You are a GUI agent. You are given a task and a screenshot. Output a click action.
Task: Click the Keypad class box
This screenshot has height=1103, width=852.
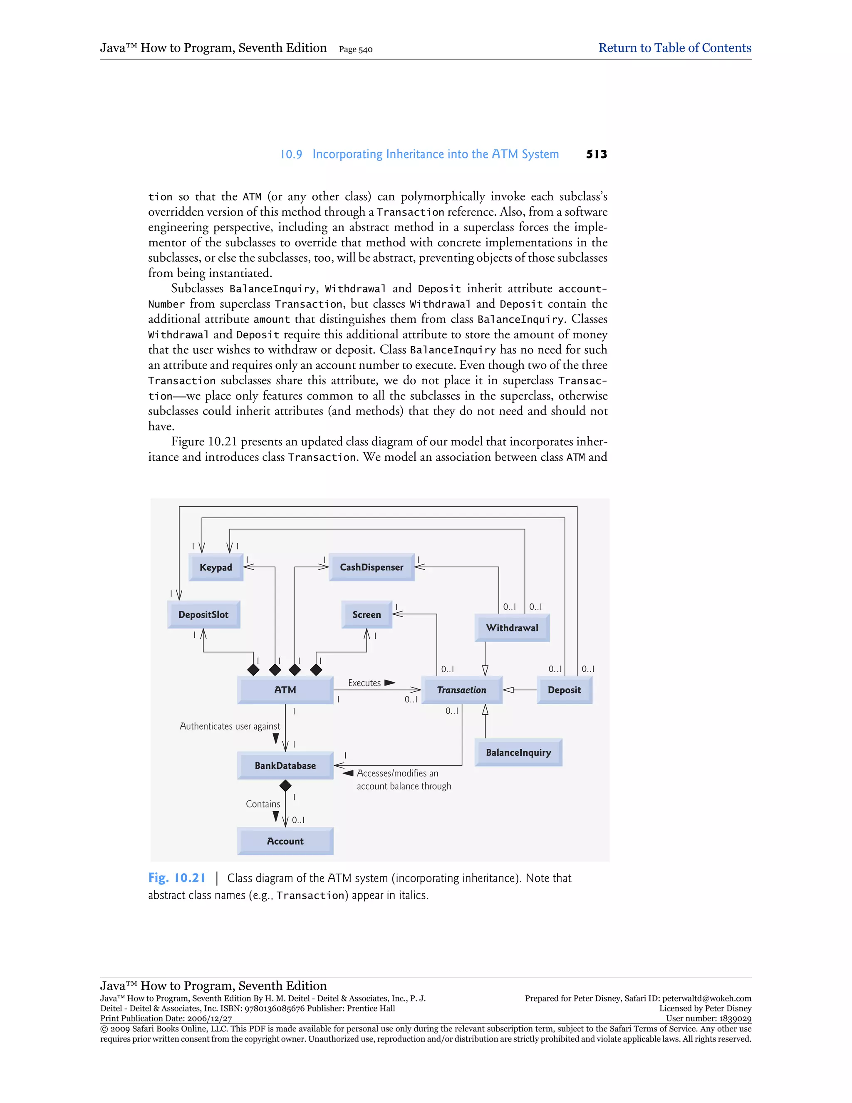pyautogui.click(x=215, y=567)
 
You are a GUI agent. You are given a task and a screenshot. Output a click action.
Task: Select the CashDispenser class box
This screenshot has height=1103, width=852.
pyautogui.click(x=372, y=567)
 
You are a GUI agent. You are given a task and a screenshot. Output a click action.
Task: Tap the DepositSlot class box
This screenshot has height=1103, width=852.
pyautogui.click(x=203, y=615)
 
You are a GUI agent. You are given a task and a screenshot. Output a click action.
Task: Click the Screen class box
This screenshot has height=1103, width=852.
pyautogui.click(x=367, y=615)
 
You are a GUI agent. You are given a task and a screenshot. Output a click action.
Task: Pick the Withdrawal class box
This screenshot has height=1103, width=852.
pyautogui.click(x=512, y=628)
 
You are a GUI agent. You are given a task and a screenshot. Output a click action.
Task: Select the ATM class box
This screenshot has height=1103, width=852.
pyautogui.click(x=285, y=690)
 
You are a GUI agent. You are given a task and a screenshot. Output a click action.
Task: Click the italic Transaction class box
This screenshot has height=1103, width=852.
pyautogui.click(x=462, y=690)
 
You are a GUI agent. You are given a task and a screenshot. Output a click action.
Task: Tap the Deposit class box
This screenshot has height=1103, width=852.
pyautogui.click(x=564, y=690)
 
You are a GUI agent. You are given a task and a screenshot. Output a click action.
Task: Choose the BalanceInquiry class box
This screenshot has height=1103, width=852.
pyautogui.click(x=518, y=753)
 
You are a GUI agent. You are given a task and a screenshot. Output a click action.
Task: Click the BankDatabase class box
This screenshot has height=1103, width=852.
pyautogui.click(x=285, y=765)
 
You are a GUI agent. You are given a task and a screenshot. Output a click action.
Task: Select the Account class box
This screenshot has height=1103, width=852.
pyautogui.click(x=285, y=841)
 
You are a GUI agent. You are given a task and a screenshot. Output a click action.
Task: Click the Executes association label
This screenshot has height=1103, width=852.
pyautogui.click(x=364, y=683)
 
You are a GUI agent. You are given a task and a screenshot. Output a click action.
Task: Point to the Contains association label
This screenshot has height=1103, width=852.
pyautogui.click(x=263, y=804)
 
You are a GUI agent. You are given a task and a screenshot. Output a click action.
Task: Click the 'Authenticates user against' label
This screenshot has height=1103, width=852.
pyautogui.click(x=230, y=726)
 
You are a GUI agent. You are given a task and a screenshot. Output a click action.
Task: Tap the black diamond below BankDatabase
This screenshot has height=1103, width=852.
pyautogui.click(x=285, y=785)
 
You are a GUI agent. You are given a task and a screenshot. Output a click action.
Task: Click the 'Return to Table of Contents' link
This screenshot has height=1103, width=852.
pyautogui.click(x=675, y=48)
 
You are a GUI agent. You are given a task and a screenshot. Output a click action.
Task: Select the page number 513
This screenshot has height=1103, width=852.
pyautogui.click(x=597, y=154)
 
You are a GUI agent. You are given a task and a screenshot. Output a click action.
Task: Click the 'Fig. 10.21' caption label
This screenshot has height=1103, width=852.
pyautogui.click(x=177, y=878)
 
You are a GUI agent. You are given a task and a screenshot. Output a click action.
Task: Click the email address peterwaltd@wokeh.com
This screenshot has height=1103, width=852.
pyautogui.click(x=707, y=999)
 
